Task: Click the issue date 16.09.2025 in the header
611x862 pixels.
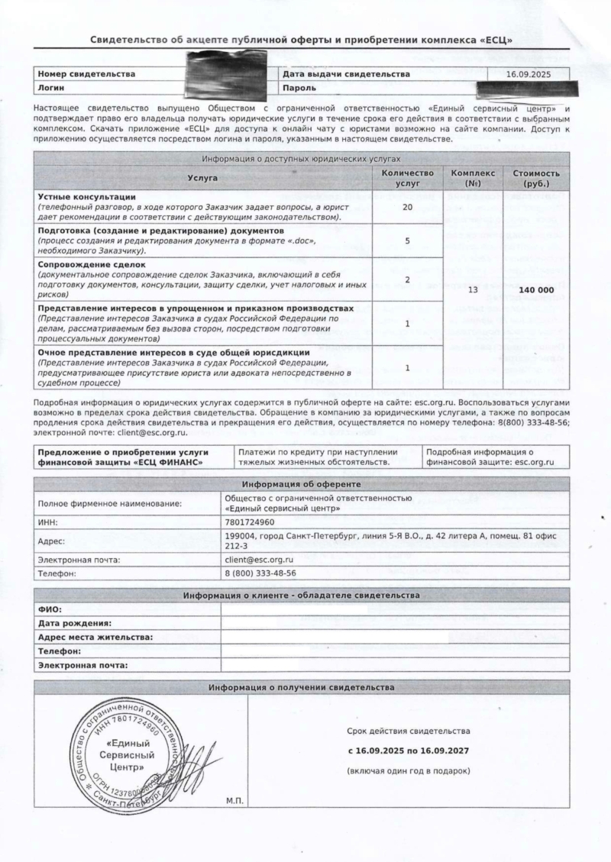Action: point(527,74)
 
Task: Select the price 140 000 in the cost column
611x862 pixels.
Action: point(535,290)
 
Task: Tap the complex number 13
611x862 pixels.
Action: point(472,290)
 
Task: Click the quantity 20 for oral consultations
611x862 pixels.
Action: point(407,207)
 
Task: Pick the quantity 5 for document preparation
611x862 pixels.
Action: point(407,241)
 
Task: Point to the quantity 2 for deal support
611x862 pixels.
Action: point(407,279)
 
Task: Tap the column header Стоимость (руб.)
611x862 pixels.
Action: point(535,179)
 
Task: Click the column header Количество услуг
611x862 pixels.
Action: point(407,179)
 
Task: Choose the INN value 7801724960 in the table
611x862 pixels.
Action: point(251,523)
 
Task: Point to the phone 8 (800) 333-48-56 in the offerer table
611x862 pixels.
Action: point(260,573)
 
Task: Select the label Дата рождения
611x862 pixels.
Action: point(74,623)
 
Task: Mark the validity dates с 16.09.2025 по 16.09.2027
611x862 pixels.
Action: point(408,751)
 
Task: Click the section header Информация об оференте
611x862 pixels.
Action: point(302,484)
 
